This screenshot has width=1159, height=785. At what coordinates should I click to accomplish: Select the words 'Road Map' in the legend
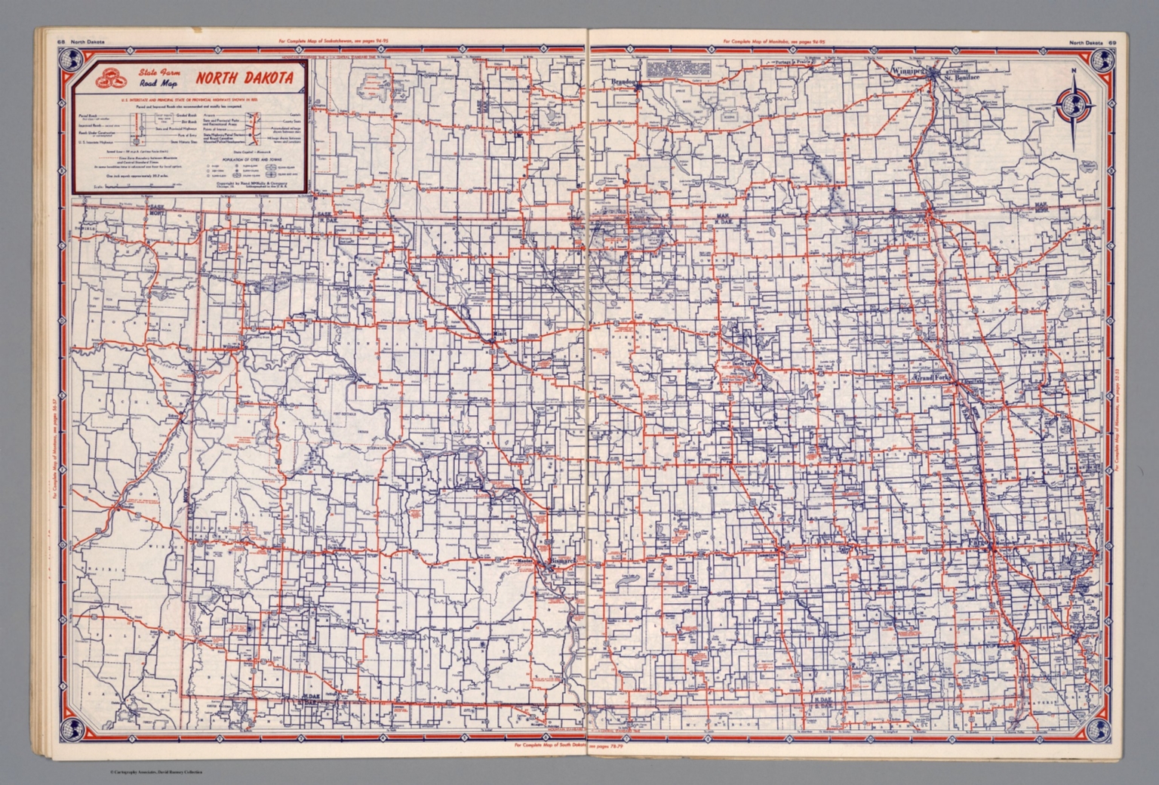pos(157,84)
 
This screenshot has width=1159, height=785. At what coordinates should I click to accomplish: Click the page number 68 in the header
pos(60,42)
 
